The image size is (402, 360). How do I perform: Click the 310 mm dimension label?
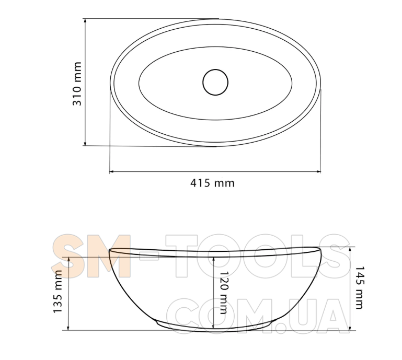pyautogui.click(x=77, y=84)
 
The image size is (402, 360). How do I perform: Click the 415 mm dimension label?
pyautogui.click(x=212, y=183)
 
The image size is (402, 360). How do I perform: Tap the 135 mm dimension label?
pyautogui.click(x=58, y=292)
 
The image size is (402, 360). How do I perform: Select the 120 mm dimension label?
pyautogui.click(x=224, y=293)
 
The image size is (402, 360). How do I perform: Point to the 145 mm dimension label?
pyautogui.click(x=359, y=287)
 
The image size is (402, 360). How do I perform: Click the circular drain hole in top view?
pyautogui.click(x=215, y=82)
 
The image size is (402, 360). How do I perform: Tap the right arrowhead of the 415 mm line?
pyautogui.click(x=318, y=171)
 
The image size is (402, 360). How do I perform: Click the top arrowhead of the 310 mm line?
pyautogui.click(x=85, y=21)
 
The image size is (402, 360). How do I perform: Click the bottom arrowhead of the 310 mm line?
pyautogui.click(x=85, y=143)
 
